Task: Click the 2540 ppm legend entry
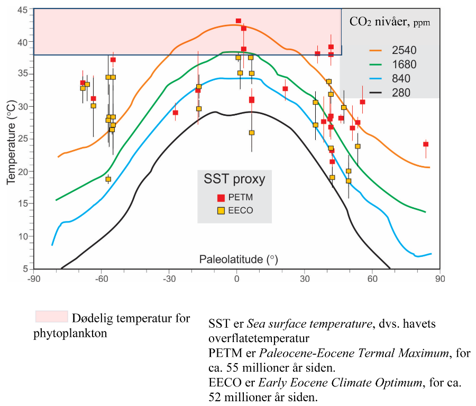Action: coord(405,51)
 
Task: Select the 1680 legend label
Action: coord(405,65)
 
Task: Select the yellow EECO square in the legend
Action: coord(221,210)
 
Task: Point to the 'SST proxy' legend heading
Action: coord(234,179)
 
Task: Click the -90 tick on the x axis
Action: coord(33,279)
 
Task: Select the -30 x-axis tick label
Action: coord(169,279)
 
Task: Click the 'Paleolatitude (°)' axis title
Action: coord(239,260)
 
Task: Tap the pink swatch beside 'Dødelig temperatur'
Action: coord(51,316)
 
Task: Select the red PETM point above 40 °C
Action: coord(239,21)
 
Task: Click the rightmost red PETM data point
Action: coord(426,144)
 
